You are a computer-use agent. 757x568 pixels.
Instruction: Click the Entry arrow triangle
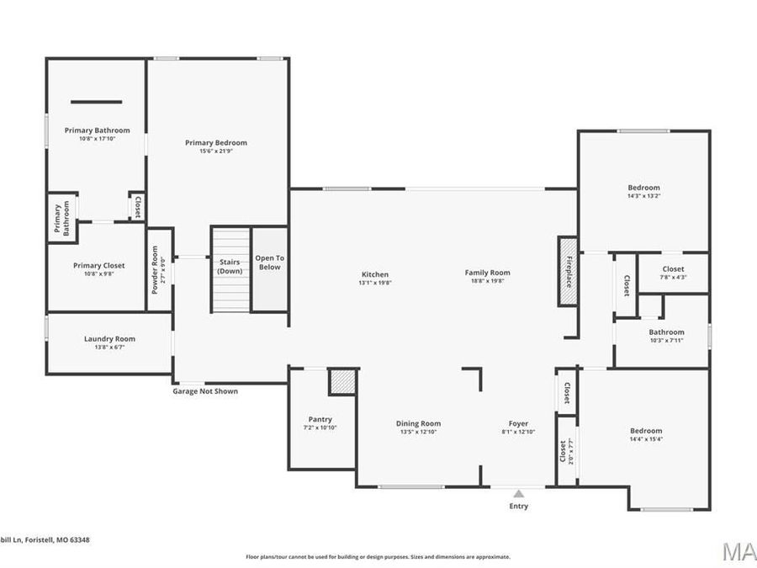pyautogui.click(x=519, y=494)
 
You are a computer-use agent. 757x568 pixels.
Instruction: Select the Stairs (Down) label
pyautogui.click(x=230, y=267)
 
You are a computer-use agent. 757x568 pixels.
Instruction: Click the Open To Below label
pyautogui.click(x=270, y=263)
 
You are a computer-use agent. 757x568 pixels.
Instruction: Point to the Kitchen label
pyautogui.click(x=375, y=274)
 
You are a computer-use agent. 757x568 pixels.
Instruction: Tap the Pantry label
pyautogui.click(x=320, y=419)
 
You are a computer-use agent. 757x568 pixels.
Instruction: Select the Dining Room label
pyautogui.click(x=418, y=423)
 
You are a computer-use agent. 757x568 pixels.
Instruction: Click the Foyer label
pyautogui.click(x=518, y=423)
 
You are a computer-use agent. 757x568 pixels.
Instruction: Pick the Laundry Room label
pyautogui.click(x=109, y=338)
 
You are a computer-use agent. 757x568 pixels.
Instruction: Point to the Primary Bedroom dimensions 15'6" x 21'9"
pyautogui.click(x=216, y=151)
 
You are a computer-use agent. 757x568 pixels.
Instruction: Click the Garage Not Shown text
pyautogui.click(x=205, y=391)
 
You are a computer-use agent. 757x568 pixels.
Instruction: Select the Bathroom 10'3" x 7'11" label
pyautogui.click(x=666, y=332)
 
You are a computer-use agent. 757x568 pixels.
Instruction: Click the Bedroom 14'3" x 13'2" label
pyautogui.click(x=643, y=188)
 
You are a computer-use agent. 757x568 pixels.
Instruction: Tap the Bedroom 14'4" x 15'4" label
pyautogui.click(x=645, y=430)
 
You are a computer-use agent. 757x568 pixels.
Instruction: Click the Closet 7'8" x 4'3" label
pyautogui.click(x=673, y=268)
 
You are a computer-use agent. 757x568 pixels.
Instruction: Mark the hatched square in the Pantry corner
pyautogui.click(x=342, y=382)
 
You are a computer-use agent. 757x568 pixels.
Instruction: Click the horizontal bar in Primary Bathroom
pyautogui.click(x=96, y=102)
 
